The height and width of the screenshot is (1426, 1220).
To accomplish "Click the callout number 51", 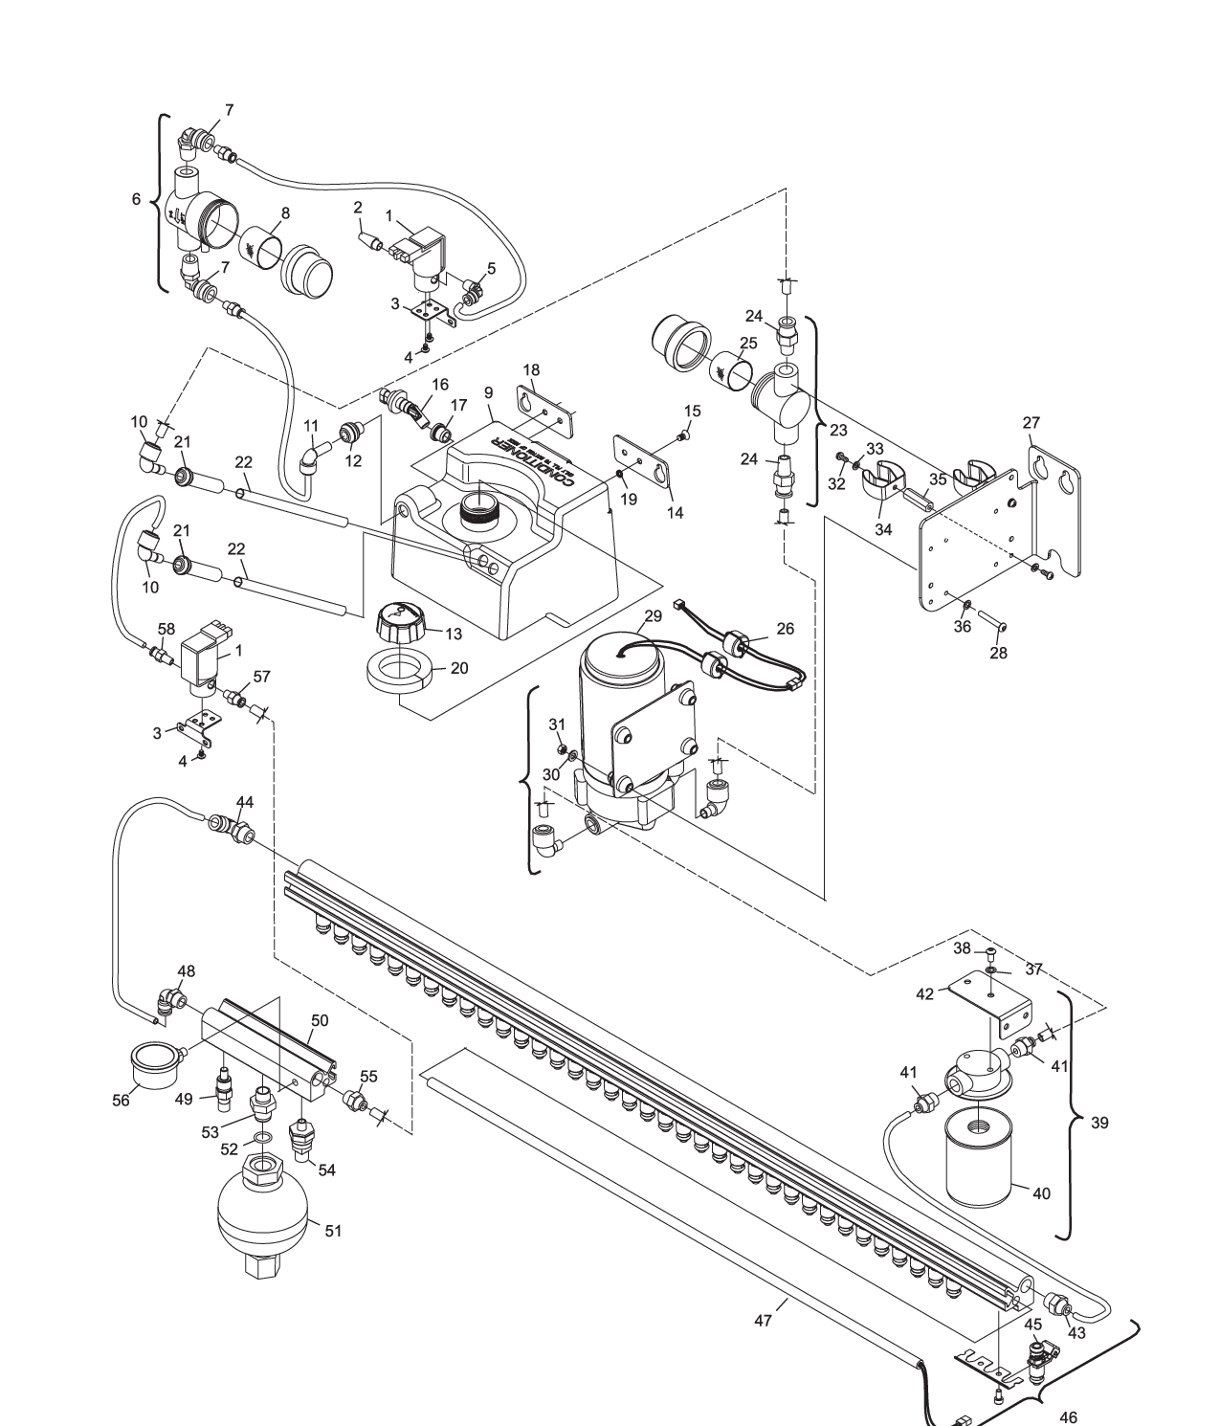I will (x=333, y=1231).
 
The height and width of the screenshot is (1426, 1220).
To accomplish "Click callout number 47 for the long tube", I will (x=763, y=1320).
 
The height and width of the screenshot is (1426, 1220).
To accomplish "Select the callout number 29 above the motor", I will (x=653, y=618).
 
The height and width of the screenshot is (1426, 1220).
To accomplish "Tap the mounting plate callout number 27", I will (x=1031, y=422).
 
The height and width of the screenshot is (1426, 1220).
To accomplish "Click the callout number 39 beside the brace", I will (x=1100, y=1123).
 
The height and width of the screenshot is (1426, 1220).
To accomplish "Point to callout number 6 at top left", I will (x=137, y=199).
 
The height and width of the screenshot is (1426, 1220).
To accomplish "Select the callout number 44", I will (x=245, y=801).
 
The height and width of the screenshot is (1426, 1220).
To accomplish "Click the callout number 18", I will (x=532, y=369).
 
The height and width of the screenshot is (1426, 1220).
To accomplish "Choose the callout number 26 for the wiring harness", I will (x=785, y=629).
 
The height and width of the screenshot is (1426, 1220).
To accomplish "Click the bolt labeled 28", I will (x=989, y=625).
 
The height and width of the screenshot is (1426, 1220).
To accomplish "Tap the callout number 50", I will (x=320, y=1020).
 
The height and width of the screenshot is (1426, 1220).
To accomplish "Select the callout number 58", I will (x=166, y=628).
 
